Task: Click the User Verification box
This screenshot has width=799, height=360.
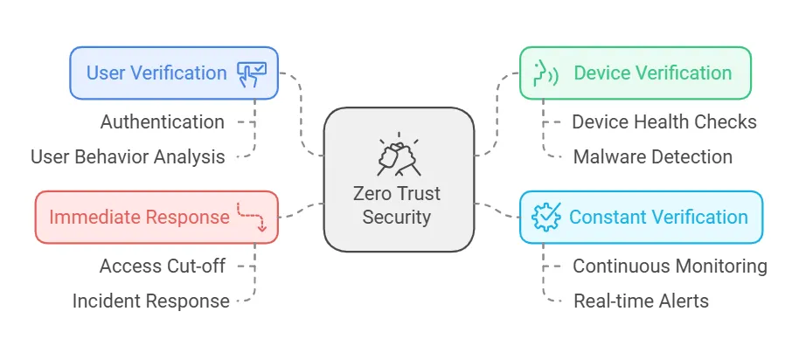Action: click(x=173, y=73)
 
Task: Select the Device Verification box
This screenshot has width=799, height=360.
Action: click(x=635, y=73)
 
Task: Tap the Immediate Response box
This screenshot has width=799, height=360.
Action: click(x=156, y=217)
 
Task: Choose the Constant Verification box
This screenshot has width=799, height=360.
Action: click(x=640, y=217)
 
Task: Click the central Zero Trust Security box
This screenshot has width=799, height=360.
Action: click(x=399, y=178)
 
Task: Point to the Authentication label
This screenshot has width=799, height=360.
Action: click(x=162, y=121)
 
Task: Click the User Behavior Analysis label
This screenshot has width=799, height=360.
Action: click(x=128, y=157)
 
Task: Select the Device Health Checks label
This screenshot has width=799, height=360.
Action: click(x=664, y=121)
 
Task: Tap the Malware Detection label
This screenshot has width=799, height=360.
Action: click(x=652, y=157)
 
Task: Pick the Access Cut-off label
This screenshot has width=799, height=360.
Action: click(x=163, y=266)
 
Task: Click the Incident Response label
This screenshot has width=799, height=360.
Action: click(x=150, y=301)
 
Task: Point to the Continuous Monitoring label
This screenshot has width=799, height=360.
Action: click(x=670, y=266)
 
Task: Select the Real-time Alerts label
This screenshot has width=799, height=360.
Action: click(x=641, y=301)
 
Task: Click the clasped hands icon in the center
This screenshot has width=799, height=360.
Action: click(x=399, y=156)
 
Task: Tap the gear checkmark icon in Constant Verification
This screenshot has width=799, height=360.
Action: click(x=546, y=217)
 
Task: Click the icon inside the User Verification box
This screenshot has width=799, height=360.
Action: click(x=254, y=73)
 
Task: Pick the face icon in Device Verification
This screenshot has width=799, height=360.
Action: click(x=546, y=73)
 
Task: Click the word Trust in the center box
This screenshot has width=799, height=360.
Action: click(x=420, y=194)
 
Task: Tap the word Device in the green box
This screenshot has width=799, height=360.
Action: click(x=601, y=73)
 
